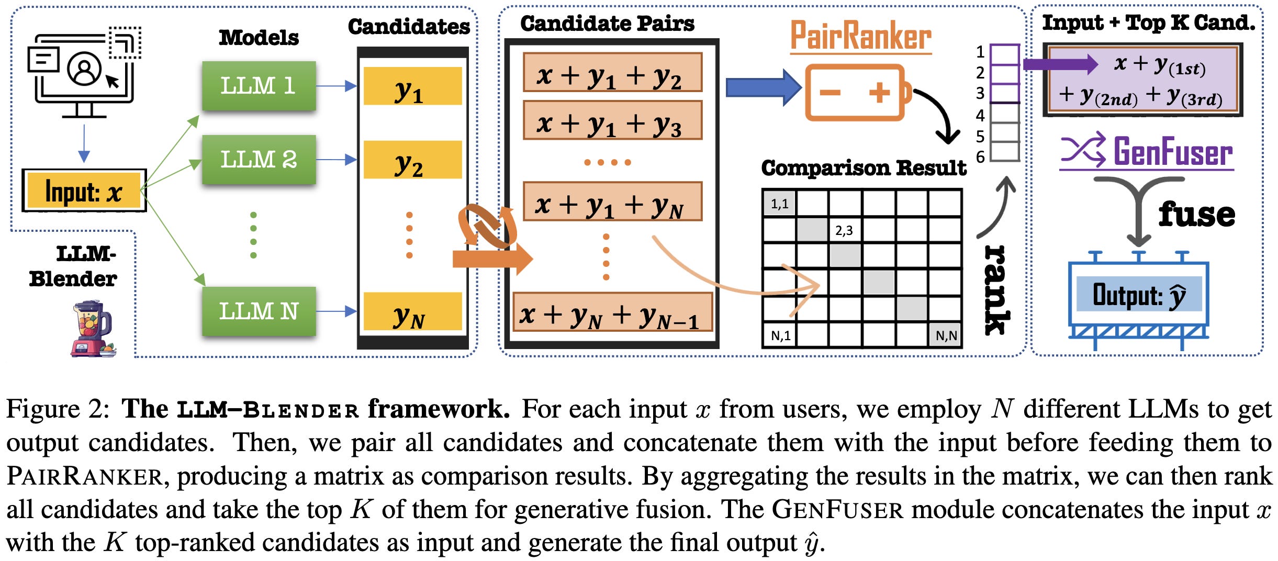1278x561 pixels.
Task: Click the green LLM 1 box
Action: coord(259,86)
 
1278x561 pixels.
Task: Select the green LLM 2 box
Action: coord(259,160)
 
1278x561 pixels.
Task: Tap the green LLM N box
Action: coord(259,311)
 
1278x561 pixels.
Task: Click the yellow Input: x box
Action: coord(84,191)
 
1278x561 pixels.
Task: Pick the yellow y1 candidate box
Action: coord(412,86)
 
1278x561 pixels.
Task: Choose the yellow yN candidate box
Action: coord(412,312)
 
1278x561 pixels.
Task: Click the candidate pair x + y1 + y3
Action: coord(612,120)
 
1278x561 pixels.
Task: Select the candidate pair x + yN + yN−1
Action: coord(612,312)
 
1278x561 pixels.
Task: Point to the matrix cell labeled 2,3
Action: coord(844,230)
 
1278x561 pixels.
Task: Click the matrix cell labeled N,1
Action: coord(780,335)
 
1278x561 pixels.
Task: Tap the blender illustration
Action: coord(93,329)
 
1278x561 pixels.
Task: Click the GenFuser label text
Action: coord(1172,152)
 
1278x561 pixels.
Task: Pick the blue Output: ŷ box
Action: coord(1139,295)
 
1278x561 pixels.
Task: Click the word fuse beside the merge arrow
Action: coord(1196,215)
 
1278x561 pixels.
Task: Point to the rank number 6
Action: coord(980,156)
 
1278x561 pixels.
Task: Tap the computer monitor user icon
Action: coord(84,71)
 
